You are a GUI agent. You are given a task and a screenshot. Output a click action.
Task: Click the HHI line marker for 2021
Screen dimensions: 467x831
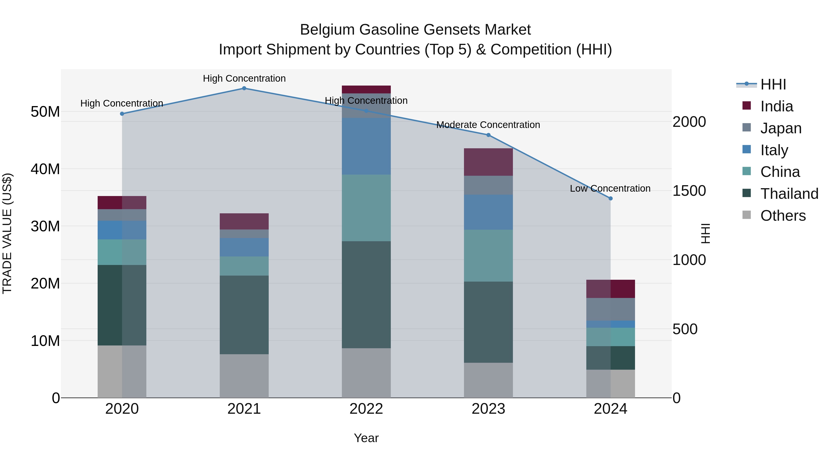[244, 88]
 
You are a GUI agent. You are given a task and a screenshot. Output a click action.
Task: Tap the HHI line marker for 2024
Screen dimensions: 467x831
[610, 199]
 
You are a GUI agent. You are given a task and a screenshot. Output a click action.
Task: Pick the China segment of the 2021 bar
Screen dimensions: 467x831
[244, 266]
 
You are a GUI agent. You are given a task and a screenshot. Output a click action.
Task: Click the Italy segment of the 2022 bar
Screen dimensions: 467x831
[366, 146]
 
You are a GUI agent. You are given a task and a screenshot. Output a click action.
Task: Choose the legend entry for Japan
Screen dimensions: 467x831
[781, 128]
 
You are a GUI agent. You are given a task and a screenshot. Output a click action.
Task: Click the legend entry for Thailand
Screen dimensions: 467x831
[789, 194]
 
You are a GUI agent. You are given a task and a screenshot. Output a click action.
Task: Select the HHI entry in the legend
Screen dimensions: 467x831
[773, 84]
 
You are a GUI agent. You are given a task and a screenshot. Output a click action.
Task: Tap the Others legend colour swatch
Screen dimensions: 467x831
[747, 215]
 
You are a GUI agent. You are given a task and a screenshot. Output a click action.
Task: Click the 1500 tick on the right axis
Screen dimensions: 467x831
[689, 191]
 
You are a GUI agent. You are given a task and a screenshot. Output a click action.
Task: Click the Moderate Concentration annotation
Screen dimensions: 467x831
[488, 125]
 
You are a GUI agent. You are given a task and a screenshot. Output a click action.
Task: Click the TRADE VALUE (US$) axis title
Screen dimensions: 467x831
[7, 233]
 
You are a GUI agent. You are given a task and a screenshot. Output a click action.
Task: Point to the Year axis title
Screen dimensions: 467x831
[366, 438]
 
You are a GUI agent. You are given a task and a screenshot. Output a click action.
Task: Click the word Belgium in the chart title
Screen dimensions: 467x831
[327, 30]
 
